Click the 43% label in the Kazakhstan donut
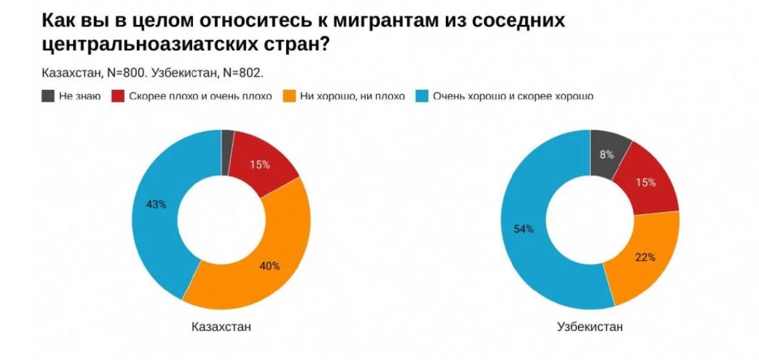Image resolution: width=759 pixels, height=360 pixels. pos(156,205)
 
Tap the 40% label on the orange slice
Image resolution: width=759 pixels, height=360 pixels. pos(270,266)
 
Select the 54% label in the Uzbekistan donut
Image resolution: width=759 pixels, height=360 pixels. pos(523,229)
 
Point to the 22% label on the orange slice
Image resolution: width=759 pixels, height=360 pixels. pos(644,257)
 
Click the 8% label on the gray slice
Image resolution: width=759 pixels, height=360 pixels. pos(607,155)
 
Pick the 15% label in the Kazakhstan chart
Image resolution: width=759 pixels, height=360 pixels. pos(259,164)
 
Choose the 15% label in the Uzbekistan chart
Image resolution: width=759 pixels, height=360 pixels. pos(646,182)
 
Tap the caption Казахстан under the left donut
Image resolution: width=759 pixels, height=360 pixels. pos(221,326)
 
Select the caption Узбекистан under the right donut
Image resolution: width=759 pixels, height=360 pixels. pos(590,326)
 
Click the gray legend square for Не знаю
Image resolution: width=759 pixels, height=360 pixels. pos(48,95)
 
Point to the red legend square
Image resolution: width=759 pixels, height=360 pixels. pos(118,95)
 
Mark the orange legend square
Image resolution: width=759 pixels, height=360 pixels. pos(289,95)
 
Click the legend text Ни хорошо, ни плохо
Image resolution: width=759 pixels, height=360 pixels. pos(353,95)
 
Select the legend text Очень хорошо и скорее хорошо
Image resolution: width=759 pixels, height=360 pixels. pos(513,95)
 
